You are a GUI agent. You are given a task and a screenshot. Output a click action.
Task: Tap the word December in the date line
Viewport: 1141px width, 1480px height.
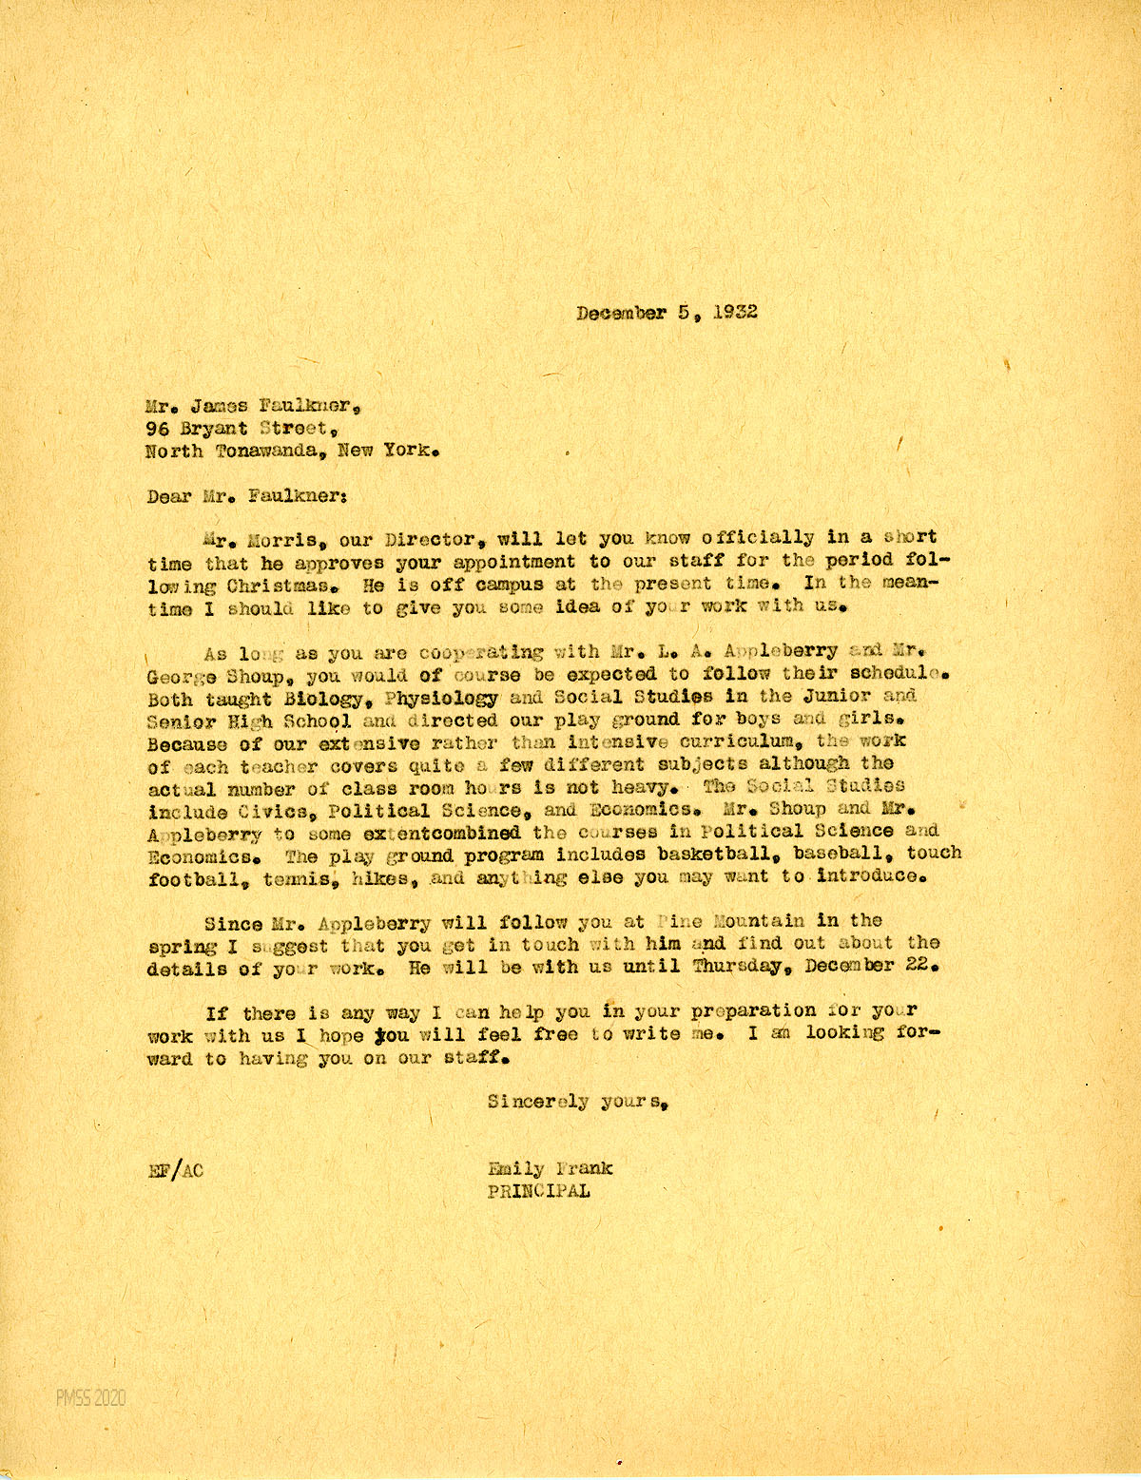pos(621,312)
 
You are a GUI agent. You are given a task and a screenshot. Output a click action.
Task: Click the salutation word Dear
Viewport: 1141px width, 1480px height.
pos(169,496)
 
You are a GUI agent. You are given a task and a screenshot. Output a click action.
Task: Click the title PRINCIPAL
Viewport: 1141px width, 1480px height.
pos(538,1191)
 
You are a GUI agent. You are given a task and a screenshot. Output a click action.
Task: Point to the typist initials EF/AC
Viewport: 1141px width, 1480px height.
pos(176,1170)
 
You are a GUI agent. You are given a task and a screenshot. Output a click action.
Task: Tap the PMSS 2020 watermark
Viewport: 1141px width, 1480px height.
pos(90,1398)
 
